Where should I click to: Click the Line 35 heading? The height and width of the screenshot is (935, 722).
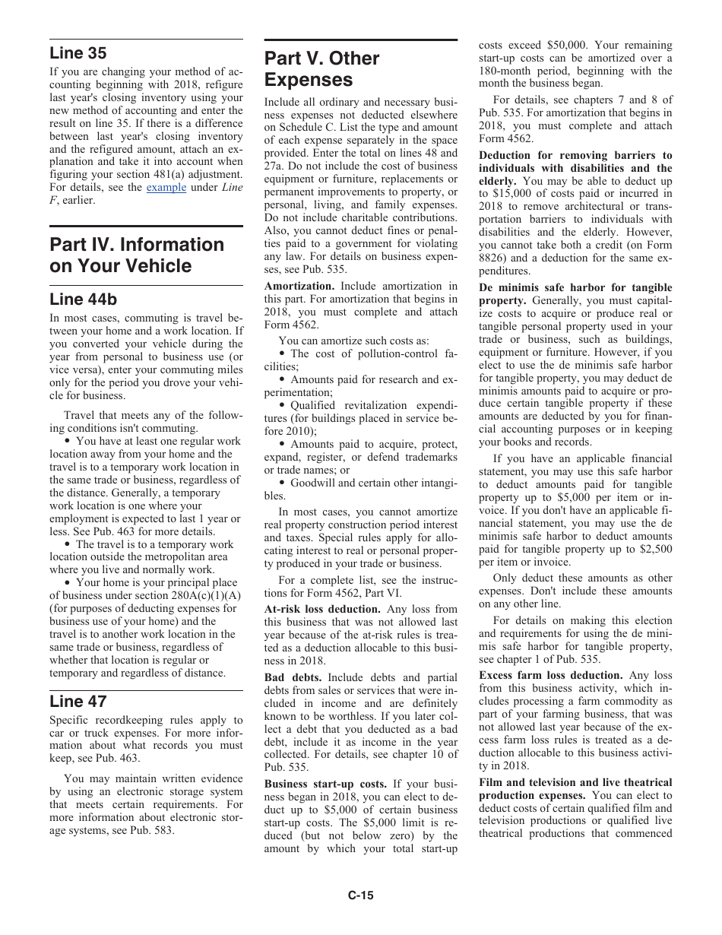[78, 53]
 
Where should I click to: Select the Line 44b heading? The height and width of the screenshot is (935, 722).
[83, 300]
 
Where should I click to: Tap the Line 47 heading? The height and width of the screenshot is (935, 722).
[78, 701]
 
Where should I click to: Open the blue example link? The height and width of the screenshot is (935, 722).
[166, 187]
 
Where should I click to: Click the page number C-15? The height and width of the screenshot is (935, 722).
[361, 895]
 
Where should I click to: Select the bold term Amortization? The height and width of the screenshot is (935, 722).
[299, 287]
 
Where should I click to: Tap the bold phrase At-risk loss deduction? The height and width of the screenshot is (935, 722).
[322, 609]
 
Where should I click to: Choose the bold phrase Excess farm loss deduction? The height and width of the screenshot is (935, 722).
[550, 675]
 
